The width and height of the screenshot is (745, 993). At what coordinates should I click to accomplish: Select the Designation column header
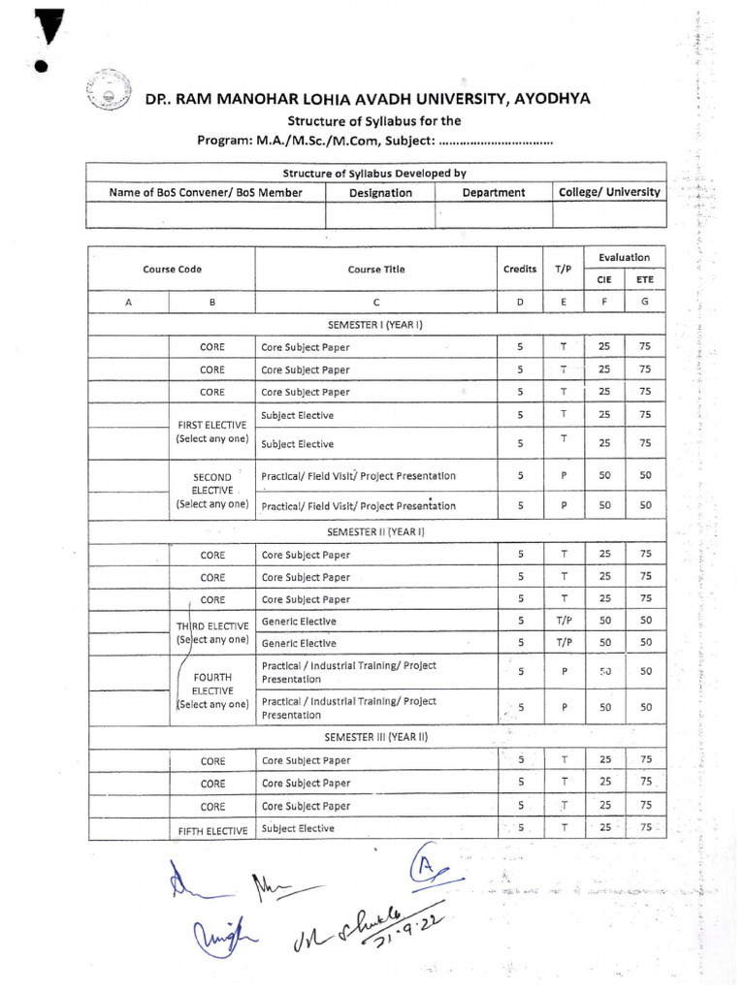[380, 193]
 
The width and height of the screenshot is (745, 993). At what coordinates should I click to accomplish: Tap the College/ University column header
[609, 192]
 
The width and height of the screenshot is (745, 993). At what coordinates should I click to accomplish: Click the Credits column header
[520, 269]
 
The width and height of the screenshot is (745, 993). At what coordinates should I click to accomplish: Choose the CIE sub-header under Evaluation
[604, 279]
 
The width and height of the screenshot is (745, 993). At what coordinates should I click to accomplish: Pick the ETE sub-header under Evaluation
[645, 279]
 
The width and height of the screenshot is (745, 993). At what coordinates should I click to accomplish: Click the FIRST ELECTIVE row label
[212, 432]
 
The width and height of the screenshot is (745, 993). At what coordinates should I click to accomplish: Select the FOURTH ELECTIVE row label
[212, 689]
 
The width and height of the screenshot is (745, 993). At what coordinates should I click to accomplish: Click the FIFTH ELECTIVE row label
[212, 830]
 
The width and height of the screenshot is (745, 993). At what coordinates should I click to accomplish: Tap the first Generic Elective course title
[299, 622]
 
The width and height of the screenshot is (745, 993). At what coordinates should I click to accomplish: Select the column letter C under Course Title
[376, 303]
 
